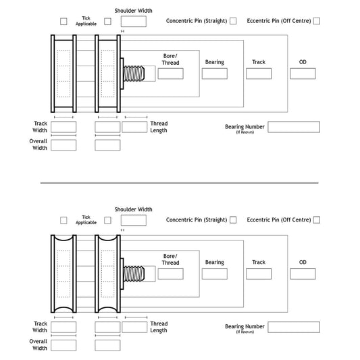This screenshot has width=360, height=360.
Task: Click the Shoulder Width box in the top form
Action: pos(134,22)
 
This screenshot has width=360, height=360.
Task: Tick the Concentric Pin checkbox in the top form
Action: pos(233,21)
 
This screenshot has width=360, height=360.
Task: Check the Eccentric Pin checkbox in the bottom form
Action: pos(316,220)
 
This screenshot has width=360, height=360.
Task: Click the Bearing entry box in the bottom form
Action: pos(214,274)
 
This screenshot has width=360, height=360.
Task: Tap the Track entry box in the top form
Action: pos(259,74)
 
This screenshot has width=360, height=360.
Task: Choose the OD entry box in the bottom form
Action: pos(303,274)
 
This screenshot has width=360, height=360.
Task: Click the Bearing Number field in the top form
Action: pos(294,127)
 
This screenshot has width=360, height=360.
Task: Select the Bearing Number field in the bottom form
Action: pos(294,327)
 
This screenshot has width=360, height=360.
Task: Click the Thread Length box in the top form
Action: pos(134,127)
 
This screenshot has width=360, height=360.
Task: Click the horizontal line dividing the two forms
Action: pos(179,182)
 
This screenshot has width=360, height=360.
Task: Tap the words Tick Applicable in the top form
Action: pos(86,21)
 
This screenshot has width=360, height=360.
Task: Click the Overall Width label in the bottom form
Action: pos(38,344)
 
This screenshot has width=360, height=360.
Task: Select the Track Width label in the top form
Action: pos(40,127)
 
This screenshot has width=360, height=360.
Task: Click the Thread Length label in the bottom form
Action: pos(159,327)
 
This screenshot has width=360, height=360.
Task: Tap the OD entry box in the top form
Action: pos(303,74)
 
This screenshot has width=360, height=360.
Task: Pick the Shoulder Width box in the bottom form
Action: pos(134,220)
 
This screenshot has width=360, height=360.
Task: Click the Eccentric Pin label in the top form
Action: pos(278,21)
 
